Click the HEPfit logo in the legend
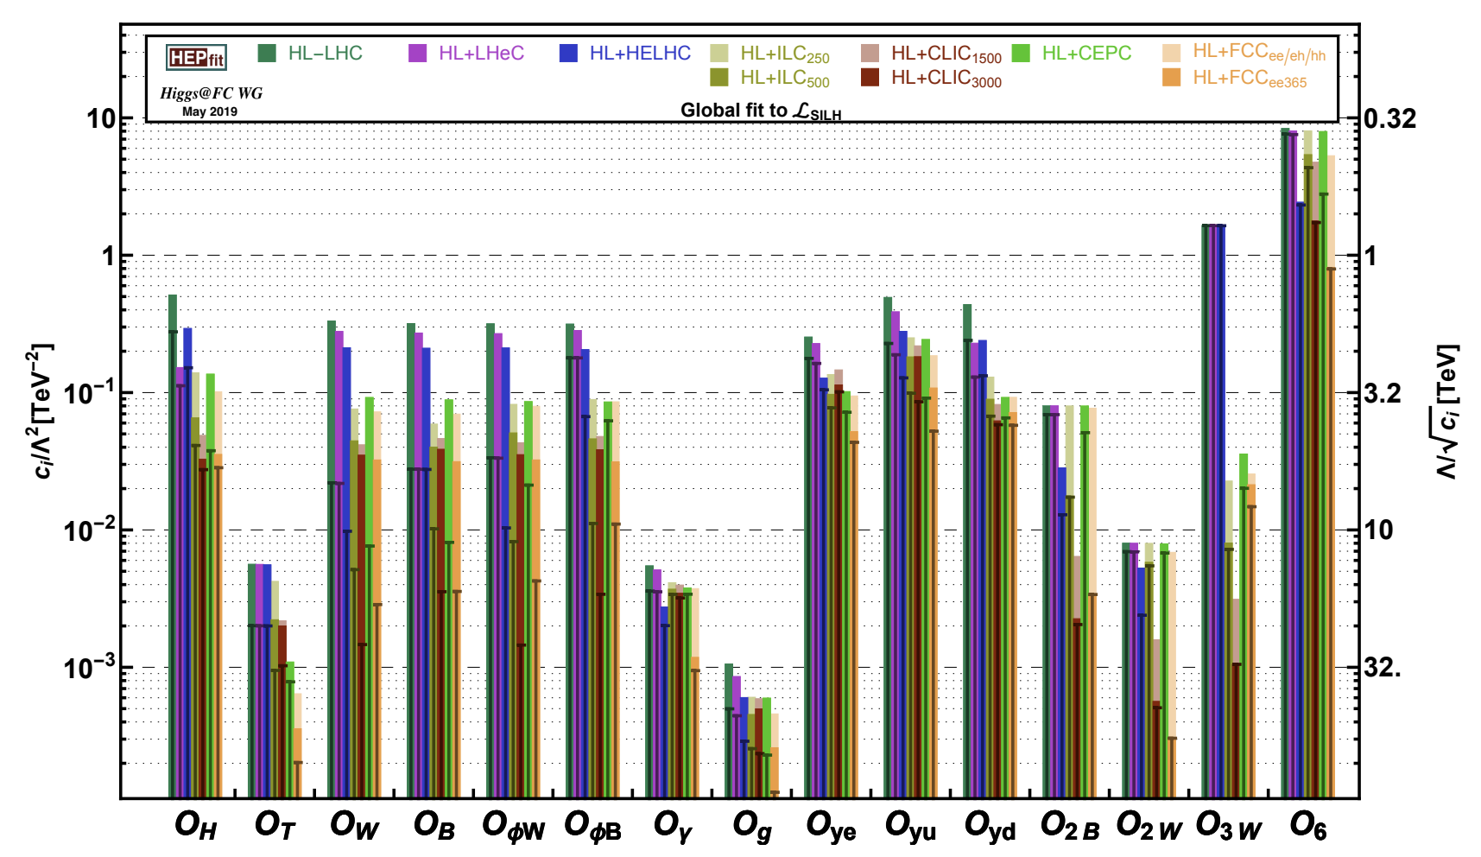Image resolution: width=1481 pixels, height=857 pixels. [x=196, y=58]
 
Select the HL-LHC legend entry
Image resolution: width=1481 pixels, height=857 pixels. [x=311, y=54]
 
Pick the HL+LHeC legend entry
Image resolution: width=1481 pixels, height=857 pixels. [x=466, y=54]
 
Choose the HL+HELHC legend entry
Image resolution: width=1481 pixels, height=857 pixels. [x=625, y=54]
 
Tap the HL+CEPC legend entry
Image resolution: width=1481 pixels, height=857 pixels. [x=1071, y=54]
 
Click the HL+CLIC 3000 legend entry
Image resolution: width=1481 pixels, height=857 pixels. [x=931, y=79]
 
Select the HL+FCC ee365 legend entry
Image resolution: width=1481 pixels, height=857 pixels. [x=1234, y=79]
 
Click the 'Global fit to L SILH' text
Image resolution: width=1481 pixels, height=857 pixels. [x=760, y=111]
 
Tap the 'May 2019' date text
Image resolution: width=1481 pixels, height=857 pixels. [x=210, y=111]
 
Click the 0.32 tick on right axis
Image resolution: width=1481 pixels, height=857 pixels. [x=1390, y=118]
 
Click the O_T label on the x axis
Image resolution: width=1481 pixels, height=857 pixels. [x=275, y=826]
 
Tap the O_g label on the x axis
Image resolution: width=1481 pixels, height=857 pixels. [x=752, y=826]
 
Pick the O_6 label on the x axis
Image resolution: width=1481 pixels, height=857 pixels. [x=1307, y=826]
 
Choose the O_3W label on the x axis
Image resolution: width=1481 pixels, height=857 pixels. [x=1228, y=826]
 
